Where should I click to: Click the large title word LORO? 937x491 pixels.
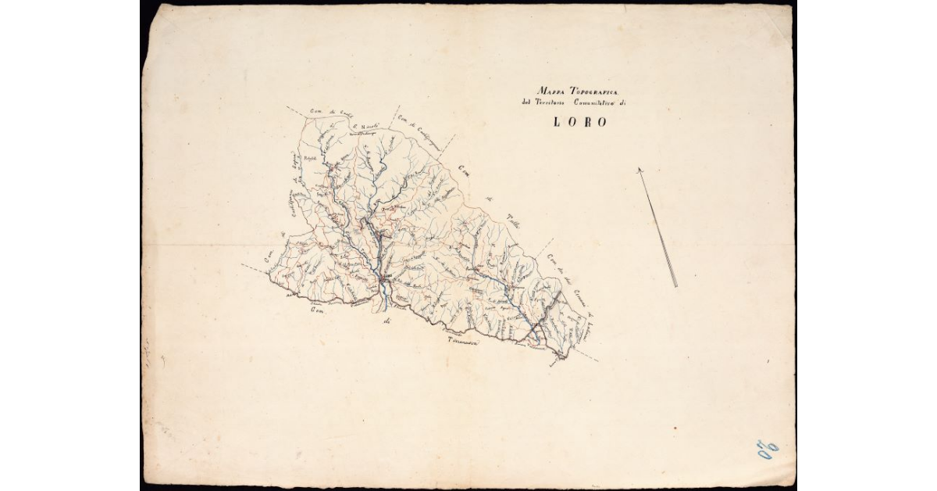tap(580, 122)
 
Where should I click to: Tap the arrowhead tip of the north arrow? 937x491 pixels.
tap(639, 169)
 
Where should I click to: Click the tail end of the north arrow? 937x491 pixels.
tap(675, 286)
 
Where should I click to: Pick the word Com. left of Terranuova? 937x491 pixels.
tap(317, 312)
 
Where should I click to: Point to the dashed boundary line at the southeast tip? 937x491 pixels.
tap(586, 357)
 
